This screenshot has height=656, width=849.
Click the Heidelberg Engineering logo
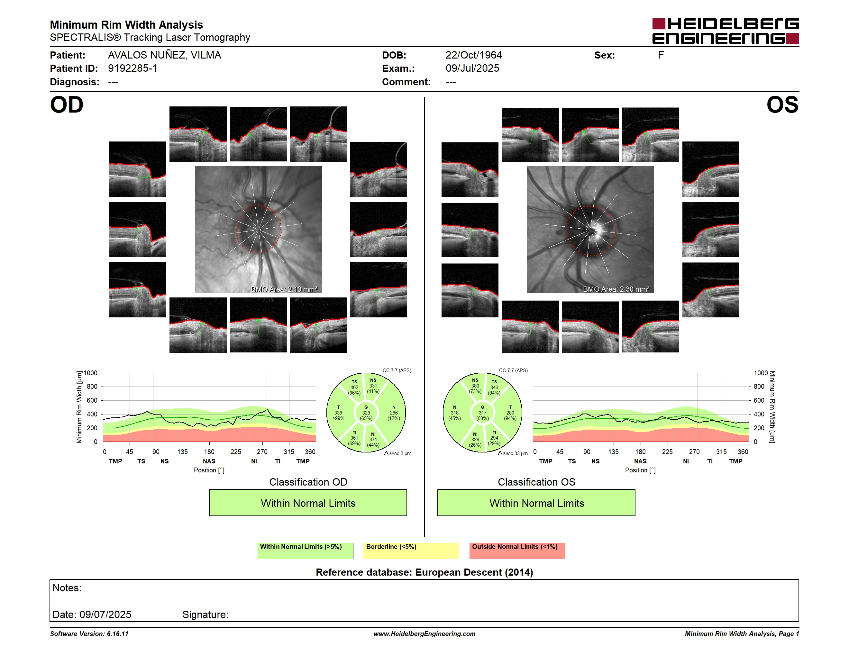coord(726,31)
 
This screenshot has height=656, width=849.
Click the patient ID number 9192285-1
coord(132,68)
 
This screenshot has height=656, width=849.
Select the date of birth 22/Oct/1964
coord(473,55)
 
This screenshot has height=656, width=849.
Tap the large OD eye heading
coord(67,105)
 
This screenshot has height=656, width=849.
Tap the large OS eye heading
coord(782,105)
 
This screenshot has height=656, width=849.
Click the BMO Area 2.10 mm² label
coord(284,289)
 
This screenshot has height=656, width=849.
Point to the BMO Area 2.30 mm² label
coord(616,289)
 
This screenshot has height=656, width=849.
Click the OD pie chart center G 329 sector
coord(366,413)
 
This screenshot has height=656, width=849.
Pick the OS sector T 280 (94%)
coord(510,413)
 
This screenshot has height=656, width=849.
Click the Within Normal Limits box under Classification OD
coord(308,503)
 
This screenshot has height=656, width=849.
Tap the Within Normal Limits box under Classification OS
coord(536,503)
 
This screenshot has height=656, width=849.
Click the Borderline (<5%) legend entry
coord(411,551)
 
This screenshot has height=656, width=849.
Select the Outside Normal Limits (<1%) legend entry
coord(517,551)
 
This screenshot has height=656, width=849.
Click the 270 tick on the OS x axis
coord(694,451)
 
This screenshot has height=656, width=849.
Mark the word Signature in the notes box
coord(205,615)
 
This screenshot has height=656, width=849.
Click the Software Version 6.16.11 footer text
coord(89,634)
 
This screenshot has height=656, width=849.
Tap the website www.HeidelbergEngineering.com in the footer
coord(424,634)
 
